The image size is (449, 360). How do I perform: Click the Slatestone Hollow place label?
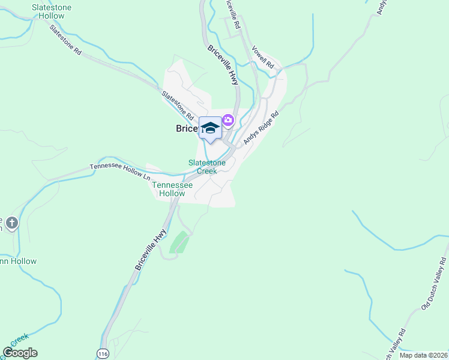51,11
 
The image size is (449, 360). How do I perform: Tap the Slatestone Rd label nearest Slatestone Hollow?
65,40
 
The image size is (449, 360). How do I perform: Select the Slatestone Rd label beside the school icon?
178,104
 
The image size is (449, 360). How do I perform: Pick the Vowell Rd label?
263,56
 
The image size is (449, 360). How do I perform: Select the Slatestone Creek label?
207,167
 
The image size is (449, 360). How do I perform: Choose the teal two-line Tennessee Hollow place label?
172,189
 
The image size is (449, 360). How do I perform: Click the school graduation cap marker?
210,128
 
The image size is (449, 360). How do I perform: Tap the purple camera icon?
228,121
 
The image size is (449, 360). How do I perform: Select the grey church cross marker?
12,224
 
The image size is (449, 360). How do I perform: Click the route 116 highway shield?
102,353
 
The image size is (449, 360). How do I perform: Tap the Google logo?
20,353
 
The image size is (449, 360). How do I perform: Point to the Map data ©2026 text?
423,355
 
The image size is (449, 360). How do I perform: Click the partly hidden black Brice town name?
186,128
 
